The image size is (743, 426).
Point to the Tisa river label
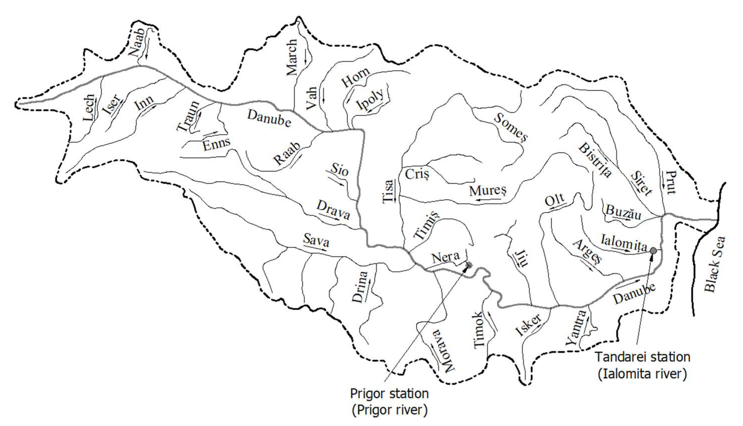388,191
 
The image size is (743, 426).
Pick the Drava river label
333,210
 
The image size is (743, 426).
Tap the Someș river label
511,128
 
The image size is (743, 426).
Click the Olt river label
554,200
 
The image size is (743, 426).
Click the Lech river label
89,108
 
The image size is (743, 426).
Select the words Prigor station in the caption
389,394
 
